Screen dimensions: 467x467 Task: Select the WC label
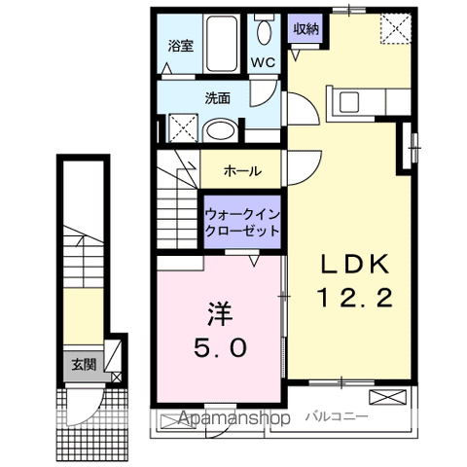(264, 62)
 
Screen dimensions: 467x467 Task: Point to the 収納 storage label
(306, 28)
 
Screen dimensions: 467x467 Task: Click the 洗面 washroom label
(217, 97)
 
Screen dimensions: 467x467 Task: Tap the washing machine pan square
(181, 128)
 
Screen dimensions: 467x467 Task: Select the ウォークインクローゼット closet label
(242, 223)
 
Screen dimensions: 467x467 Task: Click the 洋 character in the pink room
(218, 314)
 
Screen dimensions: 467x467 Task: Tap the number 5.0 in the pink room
(218, 345)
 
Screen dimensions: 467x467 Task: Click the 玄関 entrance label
(82, 365)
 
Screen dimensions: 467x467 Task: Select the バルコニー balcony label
(336, 416)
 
